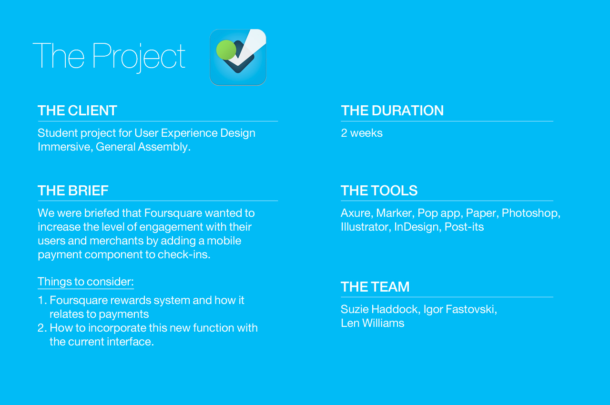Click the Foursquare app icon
click(x=238, y=57)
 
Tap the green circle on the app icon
click(x=226, y=50)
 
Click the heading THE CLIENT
click(x=77, y=111)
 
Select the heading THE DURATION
click(x=392, y=111)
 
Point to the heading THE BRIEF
click(x=73, y=190)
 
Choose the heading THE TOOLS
click(x=379, y=190)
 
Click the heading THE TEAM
click(x=375, y=287)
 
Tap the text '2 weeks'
click(x=362, y=133)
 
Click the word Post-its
click(x=464, y=227)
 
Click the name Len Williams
click(x=373, y=323)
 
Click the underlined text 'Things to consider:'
click(x=86, y=282)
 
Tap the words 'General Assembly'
click(x=142, y=147)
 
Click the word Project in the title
click(x=139, y=57)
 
